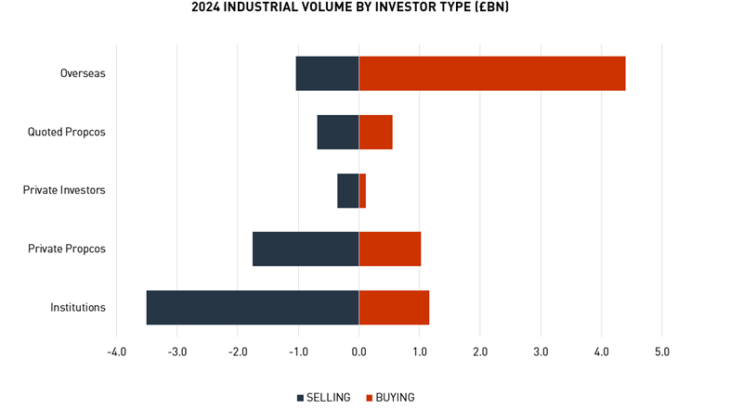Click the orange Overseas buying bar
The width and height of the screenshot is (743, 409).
pos(492,73)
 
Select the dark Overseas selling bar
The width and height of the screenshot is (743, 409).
pos(327,73)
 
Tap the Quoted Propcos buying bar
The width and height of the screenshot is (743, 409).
pos(375,132)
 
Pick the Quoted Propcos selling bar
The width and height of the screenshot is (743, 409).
pos(338,132)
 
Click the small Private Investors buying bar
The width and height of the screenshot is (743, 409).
pos(362,190)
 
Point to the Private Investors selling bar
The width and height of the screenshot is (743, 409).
pos(348,190)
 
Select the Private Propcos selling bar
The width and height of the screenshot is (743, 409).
pos(306,249)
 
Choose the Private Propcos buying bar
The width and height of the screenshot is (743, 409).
pos(390,249)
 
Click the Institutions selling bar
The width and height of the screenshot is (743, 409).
pos(253,307)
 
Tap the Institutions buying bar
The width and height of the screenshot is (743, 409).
pos(394,307)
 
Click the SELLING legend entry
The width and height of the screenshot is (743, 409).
pos(324,397)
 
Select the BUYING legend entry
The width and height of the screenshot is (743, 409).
pos(390,397)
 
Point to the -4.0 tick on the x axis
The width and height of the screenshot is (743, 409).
pos(116,352)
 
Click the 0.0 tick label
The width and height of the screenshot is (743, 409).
pos(358,352)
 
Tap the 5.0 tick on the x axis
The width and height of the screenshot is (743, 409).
pos(661,352)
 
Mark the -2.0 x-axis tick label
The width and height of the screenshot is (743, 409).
pos(237,352)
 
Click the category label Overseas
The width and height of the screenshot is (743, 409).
pos(83,73)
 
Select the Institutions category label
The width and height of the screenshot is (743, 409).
pos(78,307)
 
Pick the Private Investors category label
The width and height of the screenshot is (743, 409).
pos(64,190)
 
